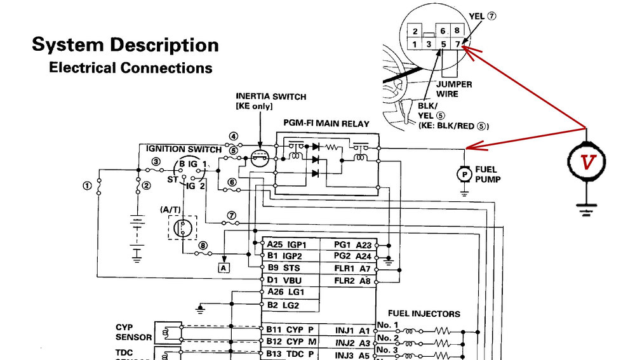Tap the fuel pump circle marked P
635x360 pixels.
pos(465,173)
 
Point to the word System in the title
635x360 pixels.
pos(68,45)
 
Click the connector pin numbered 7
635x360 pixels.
pos(458,44)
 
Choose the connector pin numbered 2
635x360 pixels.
pos(414,31)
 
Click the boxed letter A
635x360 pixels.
pos(223,268)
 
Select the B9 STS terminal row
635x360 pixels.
pos(288,268)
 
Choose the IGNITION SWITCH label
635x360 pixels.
pos(184,149)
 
